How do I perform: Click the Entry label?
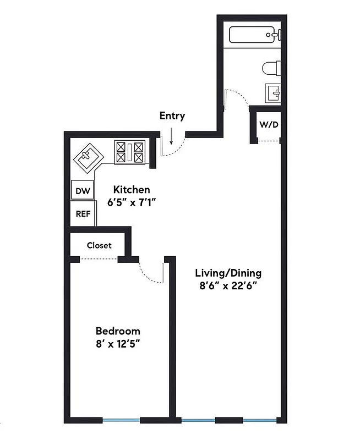(x=172, y=116)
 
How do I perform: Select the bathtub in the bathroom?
(x=254, y=35)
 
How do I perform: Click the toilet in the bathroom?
(x=271, y=69)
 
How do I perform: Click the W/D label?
(x=269, y=124)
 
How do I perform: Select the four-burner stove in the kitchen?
(x=129, y=152)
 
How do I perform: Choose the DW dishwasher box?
(x=83, y=191)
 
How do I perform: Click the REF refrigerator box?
(x=83, y=214)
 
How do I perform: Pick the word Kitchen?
(x=132, y=190)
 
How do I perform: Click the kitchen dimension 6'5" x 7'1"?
(x=132, y=202)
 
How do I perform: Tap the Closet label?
(x=99, y=245)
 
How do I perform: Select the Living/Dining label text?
(x=228, y=273)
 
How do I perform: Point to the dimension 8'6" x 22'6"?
(x=228, y=285)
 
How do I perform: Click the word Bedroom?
(x=118, y=331)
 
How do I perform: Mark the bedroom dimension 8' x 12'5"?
(x=118, y=344)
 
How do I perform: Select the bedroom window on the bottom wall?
(x=121, y=420)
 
